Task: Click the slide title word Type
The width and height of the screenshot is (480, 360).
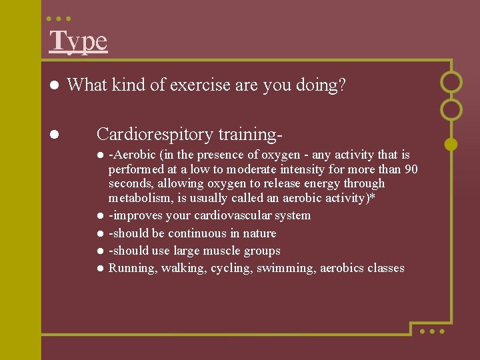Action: (78, 41)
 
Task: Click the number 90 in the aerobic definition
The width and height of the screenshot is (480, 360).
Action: (411, 169)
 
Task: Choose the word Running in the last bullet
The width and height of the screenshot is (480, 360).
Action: (129, 268)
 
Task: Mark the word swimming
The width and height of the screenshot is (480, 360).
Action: (289, 268)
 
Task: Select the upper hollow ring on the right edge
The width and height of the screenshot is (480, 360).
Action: (451, 82)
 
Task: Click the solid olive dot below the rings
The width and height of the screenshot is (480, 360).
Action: (451, 143)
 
